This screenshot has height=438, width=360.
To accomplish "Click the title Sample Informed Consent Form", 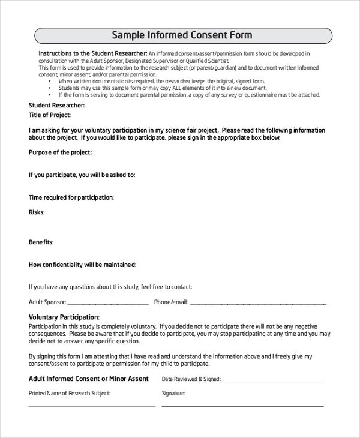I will (x=182, y=35).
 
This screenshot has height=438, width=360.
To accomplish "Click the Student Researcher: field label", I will (x=56, y=106).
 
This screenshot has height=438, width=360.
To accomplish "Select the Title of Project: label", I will (x=50, y=115).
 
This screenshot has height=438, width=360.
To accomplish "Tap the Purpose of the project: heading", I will (x=60, y=152).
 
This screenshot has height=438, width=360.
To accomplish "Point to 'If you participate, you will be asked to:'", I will (x=82, y=175).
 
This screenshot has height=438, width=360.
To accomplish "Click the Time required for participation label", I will (x=71, y=197).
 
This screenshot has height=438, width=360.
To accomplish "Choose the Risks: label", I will (x=37, y=212).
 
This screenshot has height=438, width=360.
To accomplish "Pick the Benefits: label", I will (x=41, y=242).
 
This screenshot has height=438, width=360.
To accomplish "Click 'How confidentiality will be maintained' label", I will (x=82, y=265).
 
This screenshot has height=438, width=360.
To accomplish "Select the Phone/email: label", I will (x=171, y=302).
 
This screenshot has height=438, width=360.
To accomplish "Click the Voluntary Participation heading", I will (x=64, y=317).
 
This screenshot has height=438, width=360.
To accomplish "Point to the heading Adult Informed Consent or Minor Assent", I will (x=88, y=379).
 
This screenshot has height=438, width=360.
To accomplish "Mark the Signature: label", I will (x=173, y=394).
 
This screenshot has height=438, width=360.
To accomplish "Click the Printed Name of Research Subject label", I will (x=69, y=394).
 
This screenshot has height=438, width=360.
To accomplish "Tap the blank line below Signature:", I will (x=242, y=406).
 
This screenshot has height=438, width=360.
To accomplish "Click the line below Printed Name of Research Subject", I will (x=92, y=406).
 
